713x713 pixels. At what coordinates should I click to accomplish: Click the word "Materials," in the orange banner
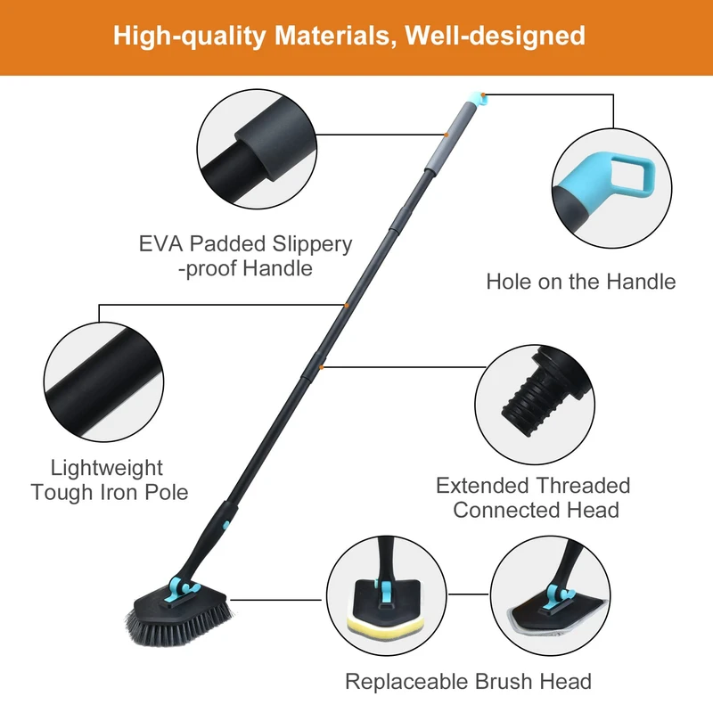[x=332, y=36]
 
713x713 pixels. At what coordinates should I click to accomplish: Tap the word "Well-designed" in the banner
[x=495, y=36]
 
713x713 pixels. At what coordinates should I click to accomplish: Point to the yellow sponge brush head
[x=387, y=627]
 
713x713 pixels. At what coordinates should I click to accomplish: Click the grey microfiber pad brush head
[x=555, y=619]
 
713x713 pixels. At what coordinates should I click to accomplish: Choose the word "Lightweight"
[x=106, y=469]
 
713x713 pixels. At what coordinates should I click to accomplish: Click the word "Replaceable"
[x=406, y=682]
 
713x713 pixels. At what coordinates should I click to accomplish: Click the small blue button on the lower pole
[x=226, y=525]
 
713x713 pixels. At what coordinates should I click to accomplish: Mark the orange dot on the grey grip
[x=447, y=135]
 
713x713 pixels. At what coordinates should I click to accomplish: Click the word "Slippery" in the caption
[x=312, y=244]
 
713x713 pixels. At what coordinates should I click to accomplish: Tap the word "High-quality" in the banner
[x=189, y=37]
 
